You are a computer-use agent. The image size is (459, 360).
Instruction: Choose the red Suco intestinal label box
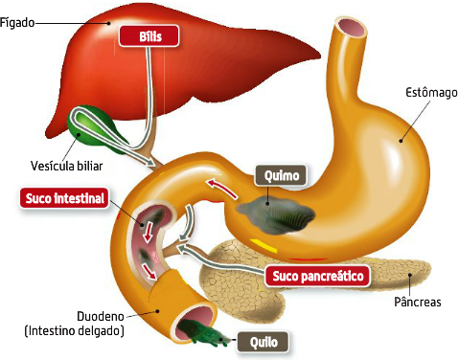63,198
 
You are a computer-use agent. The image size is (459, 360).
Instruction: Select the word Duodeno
99,316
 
